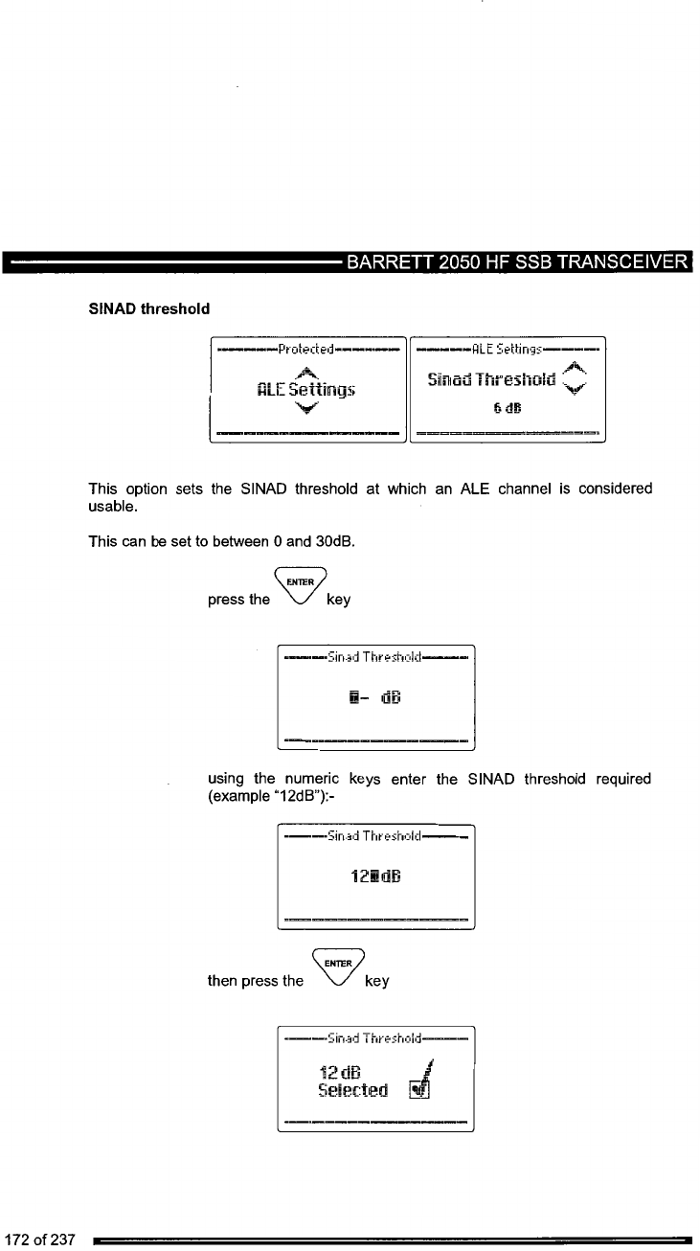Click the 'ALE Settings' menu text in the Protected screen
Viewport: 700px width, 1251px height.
pos(307,389)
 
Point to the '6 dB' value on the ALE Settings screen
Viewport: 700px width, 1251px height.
pos(507,407)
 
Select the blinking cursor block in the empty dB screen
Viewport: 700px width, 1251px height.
pos(353,695)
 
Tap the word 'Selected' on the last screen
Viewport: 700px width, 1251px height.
pos(353,1090)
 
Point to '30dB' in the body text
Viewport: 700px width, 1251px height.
pos(336,542)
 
